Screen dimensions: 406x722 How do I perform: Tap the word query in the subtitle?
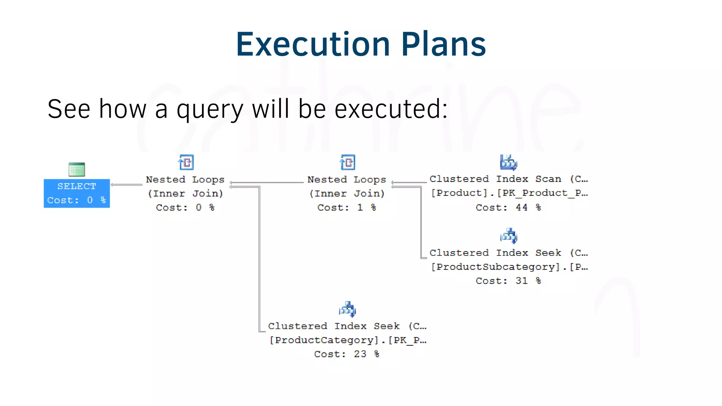pos(210,109)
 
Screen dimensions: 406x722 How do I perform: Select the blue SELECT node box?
pos(77,193)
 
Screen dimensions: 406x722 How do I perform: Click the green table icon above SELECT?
pos(77,170)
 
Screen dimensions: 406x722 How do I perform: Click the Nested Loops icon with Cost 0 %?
pos(186,162)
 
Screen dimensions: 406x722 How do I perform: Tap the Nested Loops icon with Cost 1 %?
pos(348,162)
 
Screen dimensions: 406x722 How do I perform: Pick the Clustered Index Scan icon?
pos(508,162)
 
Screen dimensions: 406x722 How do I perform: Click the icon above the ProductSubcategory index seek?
pos(508,236)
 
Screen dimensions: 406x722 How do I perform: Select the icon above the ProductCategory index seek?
pos(347,309)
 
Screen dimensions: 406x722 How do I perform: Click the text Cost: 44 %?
pos(508,208)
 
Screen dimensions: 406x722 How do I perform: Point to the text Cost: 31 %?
pos(508,281)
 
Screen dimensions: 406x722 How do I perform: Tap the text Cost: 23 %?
pos(347,354)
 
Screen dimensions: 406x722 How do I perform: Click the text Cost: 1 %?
pos(347,208)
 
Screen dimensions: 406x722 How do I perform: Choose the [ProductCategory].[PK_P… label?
pos(348,340)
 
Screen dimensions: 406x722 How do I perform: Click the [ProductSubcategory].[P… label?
pos(509,267)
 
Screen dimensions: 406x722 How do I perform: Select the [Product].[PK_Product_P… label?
pos(509,193)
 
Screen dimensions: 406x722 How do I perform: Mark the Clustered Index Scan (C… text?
pos(508,179)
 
